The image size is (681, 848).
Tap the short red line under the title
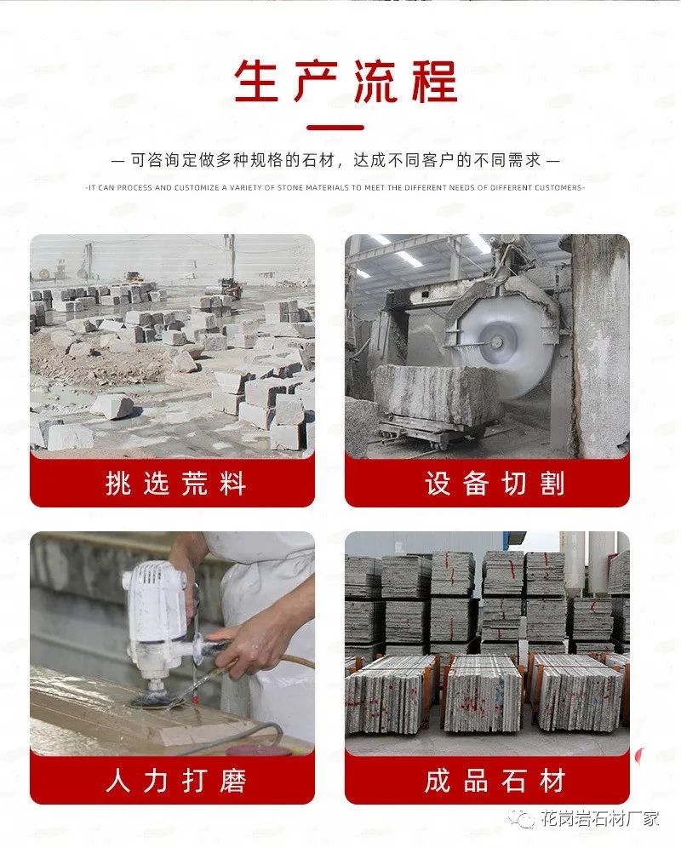point(335,128)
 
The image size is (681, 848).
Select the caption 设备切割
point(495,484)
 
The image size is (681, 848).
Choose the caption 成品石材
point(495,781)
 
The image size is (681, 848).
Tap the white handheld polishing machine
point(157,609)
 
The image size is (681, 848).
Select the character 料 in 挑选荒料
point(232,484)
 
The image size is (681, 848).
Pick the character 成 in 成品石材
point(438,781)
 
